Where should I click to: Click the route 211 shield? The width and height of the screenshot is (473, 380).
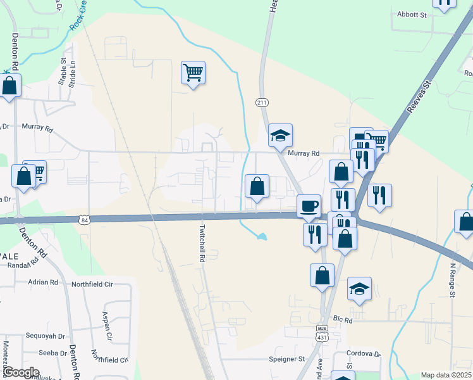pos(262,103)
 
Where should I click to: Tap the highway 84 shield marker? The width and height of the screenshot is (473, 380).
pos(84,220)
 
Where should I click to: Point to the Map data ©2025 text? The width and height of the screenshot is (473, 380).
pos(446,375)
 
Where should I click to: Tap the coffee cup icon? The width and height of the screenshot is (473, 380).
pos(309,206)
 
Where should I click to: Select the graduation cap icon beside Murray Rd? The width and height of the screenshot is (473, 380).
pos(280,135)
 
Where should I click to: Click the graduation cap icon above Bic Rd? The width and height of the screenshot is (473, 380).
pos(359,289)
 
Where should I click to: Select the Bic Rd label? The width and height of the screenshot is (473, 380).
pos(343,320)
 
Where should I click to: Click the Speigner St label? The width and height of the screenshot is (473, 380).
pos(283,359)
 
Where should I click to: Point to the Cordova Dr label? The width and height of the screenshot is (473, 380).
pos(364,354)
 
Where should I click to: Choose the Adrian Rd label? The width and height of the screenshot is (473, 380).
pos(42,282)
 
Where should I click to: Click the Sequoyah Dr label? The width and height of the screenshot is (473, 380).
pos(45,336)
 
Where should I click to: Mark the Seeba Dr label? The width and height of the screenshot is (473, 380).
pos(53,353)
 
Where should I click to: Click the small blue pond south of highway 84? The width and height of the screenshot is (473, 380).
pos(261,237)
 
